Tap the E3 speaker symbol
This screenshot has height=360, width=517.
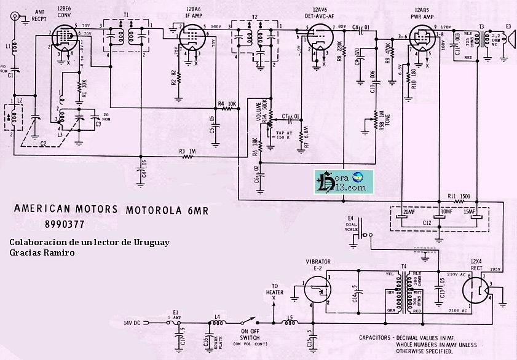tap(507, 41)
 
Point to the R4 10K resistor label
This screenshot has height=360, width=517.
tap(227, 103)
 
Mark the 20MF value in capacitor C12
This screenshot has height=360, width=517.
tap(408, 213)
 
